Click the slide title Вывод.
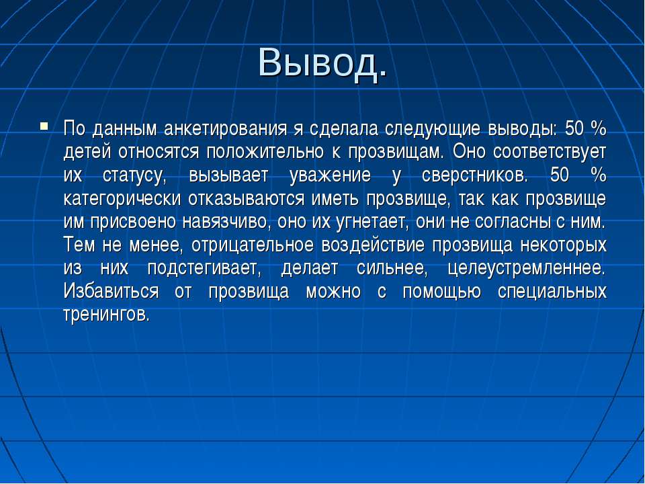322,63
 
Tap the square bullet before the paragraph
44,126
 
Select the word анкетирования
226,129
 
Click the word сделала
343,129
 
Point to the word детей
87,153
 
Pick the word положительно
265,153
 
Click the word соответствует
550,151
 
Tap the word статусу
134,176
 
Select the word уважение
330,176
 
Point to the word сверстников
474,175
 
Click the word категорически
122,199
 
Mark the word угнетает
373,223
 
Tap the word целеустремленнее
527,269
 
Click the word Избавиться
111,292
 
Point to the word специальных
552,292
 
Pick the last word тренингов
106,315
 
